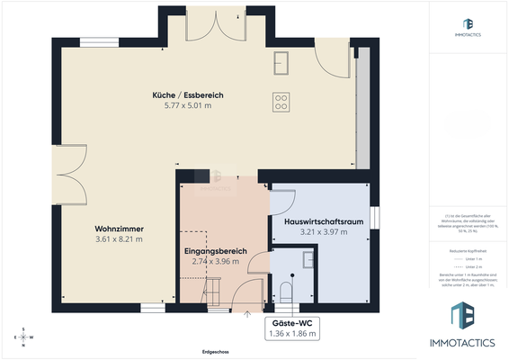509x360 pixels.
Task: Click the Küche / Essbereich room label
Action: click(187, 94)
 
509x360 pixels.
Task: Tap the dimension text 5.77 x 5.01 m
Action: click(187, 105)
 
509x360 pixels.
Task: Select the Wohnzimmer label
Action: click(119, 229)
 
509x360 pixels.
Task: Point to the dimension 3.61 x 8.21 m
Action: click(119, 239)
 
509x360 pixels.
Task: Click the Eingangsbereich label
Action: click(212, 250)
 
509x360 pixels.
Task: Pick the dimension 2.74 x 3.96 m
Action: click(212, 261)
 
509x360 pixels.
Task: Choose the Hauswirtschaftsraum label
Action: click(323, 221)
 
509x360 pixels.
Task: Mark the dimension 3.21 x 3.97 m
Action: click(323, 232)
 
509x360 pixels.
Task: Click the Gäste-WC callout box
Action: click(294, 328)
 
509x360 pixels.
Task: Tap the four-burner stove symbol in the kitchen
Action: click(281, 101)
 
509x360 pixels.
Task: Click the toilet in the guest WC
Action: click(287, 291)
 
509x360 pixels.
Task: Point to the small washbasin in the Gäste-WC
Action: click(308, 259)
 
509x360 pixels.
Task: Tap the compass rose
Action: click(24, 336)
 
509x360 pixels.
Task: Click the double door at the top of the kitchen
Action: click(208, 28)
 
